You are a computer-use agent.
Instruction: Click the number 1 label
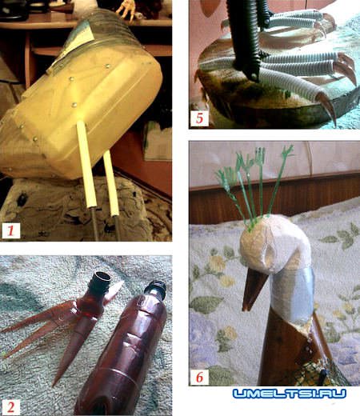click(x=11, y=230)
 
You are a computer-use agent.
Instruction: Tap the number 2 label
click(x=10, y=407)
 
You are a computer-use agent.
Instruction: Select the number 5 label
click(x=199, y=118)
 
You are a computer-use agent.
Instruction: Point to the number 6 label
click(x=199, y=377)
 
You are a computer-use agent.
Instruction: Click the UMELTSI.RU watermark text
click(x=290, y=394)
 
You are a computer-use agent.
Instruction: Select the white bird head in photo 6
click(x=274, y=246)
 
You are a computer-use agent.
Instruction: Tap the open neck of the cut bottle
click(x=102, y=277)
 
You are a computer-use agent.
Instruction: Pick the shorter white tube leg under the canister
click(x=111, y=183)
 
